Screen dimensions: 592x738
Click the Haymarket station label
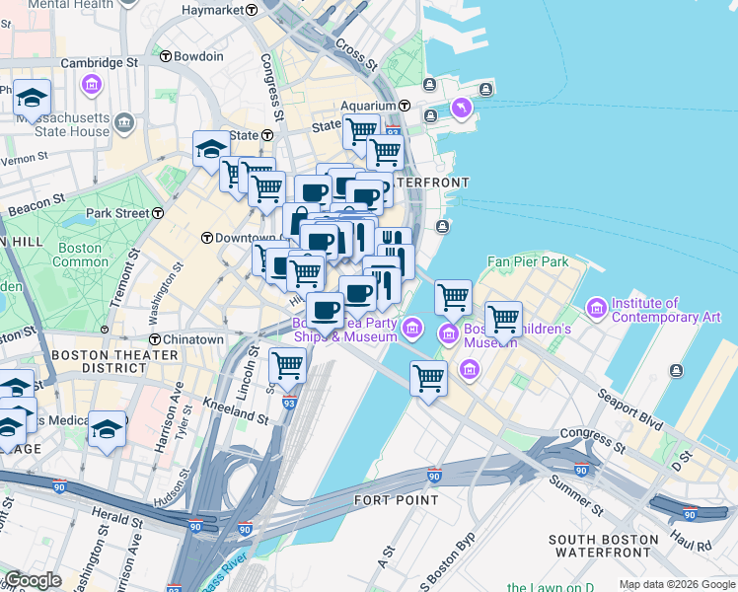pos(213,9)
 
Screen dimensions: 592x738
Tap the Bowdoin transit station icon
pos(165,56)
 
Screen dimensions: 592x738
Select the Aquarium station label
pos(367,106)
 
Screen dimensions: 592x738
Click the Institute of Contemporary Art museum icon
pos(597,310)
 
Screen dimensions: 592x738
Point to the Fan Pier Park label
pos(528,262)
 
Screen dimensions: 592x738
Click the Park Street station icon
pos(157,213)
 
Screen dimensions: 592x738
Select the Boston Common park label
pos(80,255)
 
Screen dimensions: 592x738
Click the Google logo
pos(33,580)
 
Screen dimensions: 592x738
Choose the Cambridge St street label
pos(99,62)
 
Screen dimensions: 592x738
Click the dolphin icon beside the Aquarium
pos(460,107)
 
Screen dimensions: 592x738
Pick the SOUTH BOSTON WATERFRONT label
pos(604,548)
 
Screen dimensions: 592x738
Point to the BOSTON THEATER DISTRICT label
pos(99,361)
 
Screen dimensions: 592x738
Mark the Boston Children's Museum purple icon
pos(449,333)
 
